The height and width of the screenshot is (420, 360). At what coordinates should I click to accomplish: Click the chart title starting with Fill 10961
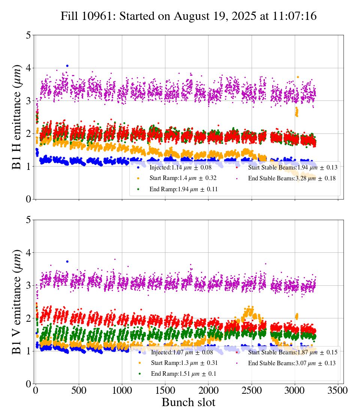[189, 16]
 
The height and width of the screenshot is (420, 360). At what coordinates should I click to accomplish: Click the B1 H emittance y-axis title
[17, 117]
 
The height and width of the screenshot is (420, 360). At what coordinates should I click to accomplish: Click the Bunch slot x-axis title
[189, 402]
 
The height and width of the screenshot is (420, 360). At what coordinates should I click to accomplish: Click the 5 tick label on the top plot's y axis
[28, 35]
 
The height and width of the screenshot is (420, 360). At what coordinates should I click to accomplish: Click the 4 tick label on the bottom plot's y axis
[28, 253]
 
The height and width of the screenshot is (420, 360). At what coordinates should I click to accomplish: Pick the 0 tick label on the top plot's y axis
[28, 199]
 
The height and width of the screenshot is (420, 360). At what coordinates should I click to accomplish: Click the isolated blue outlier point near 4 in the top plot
[67, 66]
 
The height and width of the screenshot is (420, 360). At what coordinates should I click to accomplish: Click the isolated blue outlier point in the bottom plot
[67, 261]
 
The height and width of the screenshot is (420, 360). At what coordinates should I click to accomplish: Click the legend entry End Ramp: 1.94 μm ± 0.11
[183, 189]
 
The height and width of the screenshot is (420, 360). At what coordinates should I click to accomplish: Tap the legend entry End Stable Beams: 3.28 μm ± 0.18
[291, 178]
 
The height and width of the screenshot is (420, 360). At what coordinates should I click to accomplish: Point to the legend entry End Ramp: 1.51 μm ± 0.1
[183, 374]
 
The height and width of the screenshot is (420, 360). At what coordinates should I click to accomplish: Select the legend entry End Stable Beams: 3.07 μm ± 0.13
[291, 363]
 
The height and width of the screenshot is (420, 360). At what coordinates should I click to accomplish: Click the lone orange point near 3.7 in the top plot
[298, 77]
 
